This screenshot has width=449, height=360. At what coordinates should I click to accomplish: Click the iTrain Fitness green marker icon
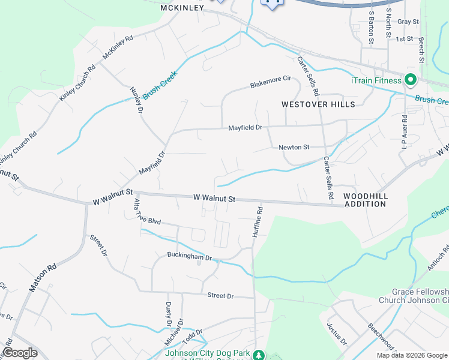click(411, 80)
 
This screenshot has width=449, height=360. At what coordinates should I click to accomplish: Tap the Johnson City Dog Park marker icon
click(259, 355)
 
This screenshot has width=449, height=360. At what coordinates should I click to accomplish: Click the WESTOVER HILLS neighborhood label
click(318, 104)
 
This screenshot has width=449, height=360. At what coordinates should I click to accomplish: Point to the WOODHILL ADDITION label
click(365, 200)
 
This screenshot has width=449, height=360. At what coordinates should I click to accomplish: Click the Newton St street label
click(294, 147)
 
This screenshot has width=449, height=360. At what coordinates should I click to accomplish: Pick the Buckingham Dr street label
click(190, 257)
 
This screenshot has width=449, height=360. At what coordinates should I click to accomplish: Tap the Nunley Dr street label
click(136, 100)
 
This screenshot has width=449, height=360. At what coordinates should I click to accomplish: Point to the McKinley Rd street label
click(117, 46)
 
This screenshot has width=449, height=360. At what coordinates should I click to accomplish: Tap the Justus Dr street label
click(337, 334)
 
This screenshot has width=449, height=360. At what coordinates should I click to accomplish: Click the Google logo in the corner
click(20, 353)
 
